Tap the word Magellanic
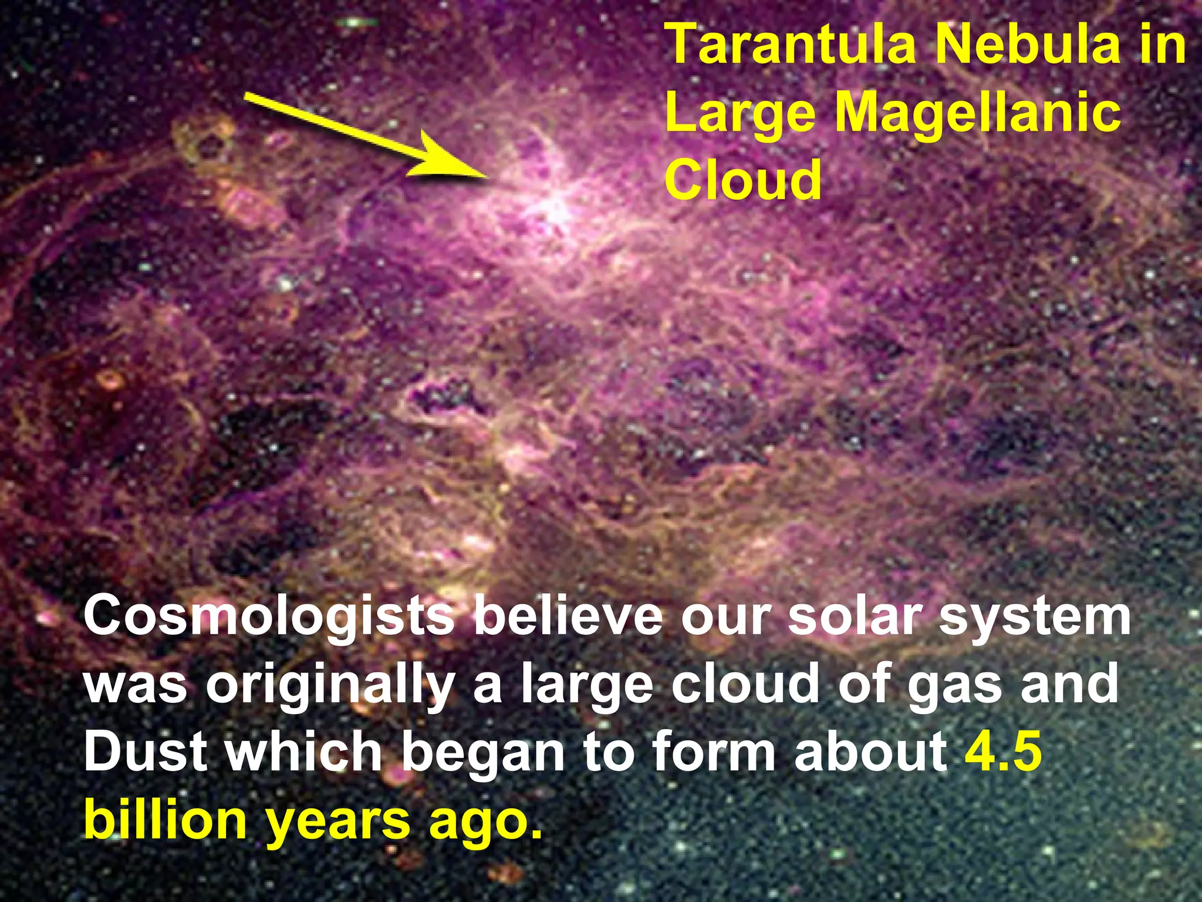[977, 113]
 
